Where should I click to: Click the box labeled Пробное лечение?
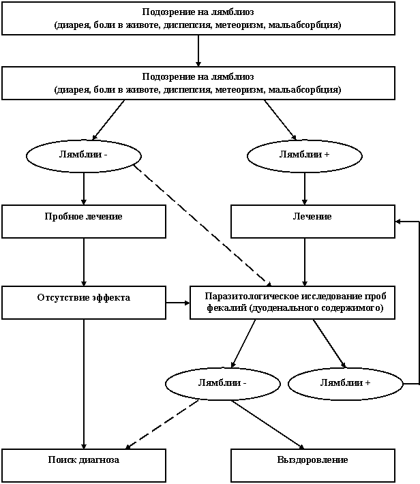[x=84, y=222]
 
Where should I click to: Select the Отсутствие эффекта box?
[x=84, y=303]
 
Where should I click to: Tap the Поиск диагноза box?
[x=84, y=465]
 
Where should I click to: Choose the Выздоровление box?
[x=313, y=465]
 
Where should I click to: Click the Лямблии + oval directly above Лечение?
[x=305, y=156]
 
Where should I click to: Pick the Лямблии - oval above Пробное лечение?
[x=84, y=156]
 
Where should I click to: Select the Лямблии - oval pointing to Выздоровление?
[x=223, y=384]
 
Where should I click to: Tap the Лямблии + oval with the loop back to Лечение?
[x=346, y=384]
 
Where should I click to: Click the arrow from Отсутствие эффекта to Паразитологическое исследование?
[x=178, y=303]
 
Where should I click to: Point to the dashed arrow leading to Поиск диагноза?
[x=162, y=424]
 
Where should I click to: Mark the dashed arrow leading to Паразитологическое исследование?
[x=202, y=225]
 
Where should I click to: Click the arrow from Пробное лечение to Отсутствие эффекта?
[x=84, y=262]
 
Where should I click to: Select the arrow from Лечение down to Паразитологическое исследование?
[x=305, y=262]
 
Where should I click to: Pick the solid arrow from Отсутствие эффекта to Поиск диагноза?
[x=84, y=384]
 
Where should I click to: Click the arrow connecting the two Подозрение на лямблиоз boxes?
[x=198, y=50]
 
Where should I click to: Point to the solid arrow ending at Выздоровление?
[x=268, y=425]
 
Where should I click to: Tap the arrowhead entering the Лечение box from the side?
[x=398, y=222]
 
